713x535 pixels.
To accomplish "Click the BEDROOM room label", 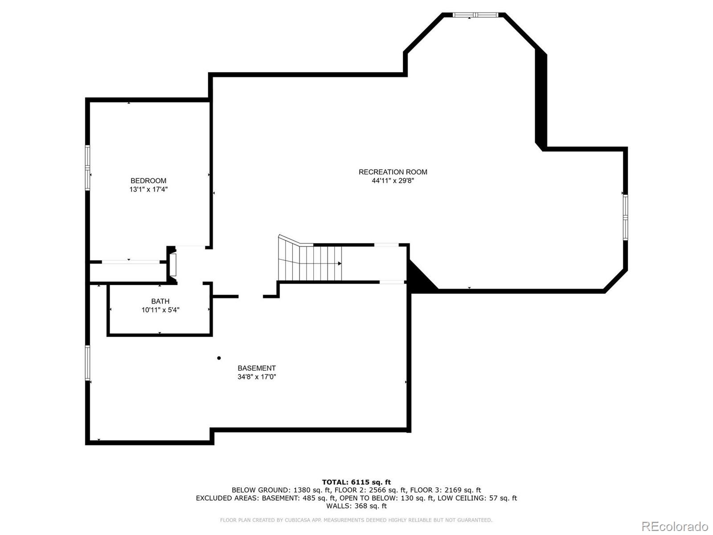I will tap(148, 181).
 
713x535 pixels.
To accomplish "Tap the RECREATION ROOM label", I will tap(393, 172).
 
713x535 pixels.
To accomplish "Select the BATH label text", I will tap(160, 301).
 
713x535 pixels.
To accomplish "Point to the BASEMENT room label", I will tap(256, 368).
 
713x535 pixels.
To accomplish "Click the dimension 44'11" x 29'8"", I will tap(393, 181).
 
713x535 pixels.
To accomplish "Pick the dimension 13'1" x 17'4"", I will tap(148, 189).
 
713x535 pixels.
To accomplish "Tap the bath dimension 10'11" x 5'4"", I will tap(160, 310).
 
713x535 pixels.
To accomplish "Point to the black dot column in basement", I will tap(219, 358).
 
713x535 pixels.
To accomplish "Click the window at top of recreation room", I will tap(475, 15).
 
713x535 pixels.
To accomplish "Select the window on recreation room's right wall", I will tap(625, 218).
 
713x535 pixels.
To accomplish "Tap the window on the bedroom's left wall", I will tap(88, 168).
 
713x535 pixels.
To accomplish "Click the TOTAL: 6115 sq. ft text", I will tap(356, 482).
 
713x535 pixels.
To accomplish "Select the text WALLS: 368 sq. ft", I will tap(356, 506).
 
